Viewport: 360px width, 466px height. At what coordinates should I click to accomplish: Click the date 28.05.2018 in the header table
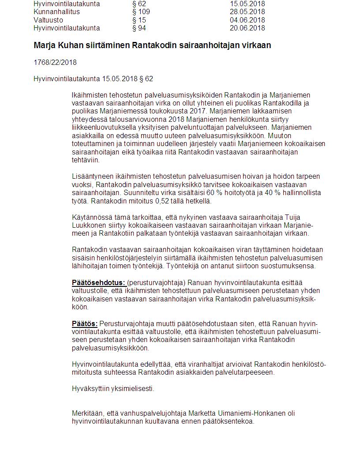[x=247, y=12]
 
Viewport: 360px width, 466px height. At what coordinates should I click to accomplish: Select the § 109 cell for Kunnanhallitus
[x=141, y=12]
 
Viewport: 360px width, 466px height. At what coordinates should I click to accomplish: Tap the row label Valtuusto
[x=48, y=20]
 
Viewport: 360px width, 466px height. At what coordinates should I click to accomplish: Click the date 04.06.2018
[x=247, y=20]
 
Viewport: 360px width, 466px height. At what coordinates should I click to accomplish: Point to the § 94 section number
[x=139, y=28]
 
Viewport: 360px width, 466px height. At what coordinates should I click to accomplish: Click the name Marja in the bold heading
[x=43, y=45]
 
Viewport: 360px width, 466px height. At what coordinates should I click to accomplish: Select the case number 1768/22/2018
[x=55, y=62]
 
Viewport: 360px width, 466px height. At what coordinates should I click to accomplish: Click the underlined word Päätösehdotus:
[x=99, y=282]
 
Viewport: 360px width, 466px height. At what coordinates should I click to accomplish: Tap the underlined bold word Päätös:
[x=85, y=323]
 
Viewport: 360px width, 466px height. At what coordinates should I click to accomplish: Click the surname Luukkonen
[x=87, y=225]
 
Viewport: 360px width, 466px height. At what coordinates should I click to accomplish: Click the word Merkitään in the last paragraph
[x=88, y=413]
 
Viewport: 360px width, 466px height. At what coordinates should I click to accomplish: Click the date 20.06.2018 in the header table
[x=247, y=28]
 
